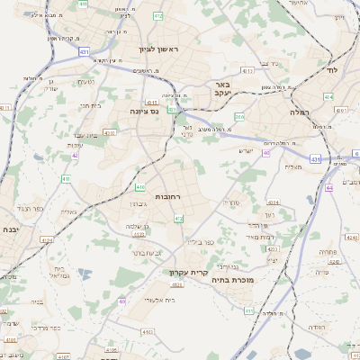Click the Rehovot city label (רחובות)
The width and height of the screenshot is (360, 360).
click(x=170, y=195)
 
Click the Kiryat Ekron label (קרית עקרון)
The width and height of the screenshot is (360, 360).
click(x=188, y=271)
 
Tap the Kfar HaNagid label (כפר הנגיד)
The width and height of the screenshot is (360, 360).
click(x=31, y=208)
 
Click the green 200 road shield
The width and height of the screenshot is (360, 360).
click(x=239, y=116)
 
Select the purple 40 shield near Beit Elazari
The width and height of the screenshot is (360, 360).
click(x=121, y=301)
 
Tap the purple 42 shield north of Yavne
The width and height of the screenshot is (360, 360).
click(x=76, y=156)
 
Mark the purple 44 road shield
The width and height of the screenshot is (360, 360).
click(x=329, y=187)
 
